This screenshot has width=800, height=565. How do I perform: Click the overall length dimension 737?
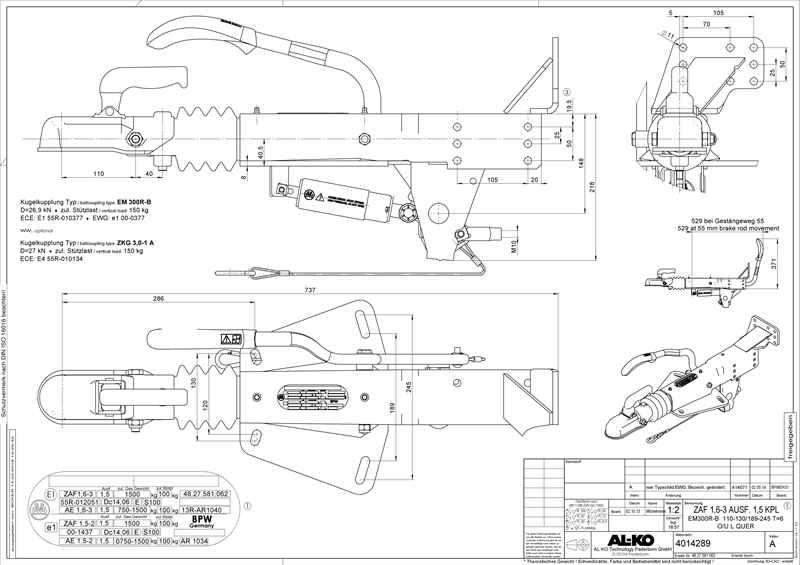coord(309,289)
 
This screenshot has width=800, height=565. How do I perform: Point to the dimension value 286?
coord(160,299)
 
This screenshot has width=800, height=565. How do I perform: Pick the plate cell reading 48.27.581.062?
coord(207,494)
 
